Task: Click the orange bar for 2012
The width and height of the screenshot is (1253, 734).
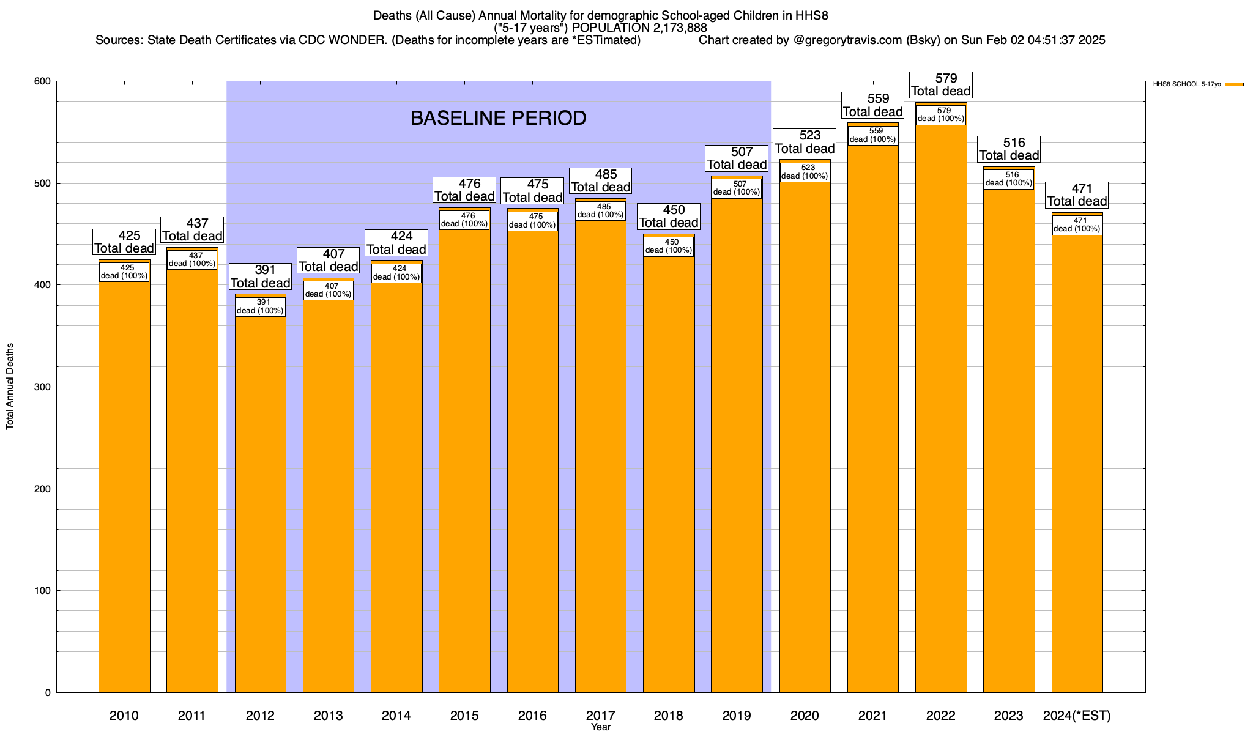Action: (x=261, y=502)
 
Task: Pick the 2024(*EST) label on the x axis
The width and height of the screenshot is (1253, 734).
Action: (x=1077, y=715)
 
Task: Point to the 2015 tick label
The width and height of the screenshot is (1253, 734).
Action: (x=464, y=715)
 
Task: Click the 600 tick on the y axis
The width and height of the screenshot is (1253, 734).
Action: (x=42, y=81)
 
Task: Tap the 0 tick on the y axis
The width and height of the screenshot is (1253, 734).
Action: (x=48, y=692)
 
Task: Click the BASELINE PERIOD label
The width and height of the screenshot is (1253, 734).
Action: (x=498, y=118)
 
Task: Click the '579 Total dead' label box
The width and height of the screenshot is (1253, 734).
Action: (x=941, y=85)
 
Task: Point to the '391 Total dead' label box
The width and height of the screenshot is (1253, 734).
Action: (x=261, y=276)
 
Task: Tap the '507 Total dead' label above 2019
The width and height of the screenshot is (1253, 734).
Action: (x=737, y=158)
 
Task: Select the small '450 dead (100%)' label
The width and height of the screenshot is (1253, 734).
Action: (x=669, y=246)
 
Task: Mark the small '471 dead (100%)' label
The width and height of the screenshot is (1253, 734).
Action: (x=1077, y=224)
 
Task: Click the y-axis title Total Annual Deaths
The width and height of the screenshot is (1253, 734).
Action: (x=10, y=386)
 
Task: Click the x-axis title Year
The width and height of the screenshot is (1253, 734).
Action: (x=601, y=727)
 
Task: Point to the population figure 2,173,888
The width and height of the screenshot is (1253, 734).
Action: (x=671, y=28)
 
